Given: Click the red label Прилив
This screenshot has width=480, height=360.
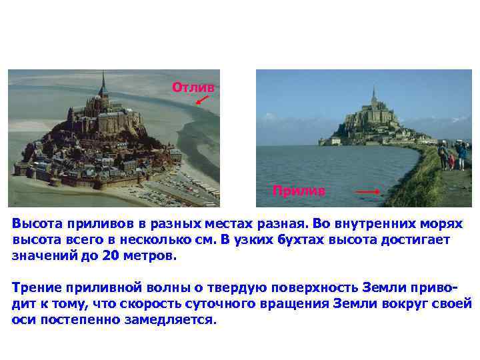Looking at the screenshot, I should [299, 191].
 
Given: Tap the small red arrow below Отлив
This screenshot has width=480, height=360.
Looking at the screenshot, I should [202, 101].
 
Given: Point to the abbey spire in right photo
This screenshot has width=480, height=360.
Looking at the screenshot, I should [373, 93].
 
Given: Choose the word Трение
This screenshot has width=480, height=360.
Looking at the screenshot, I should [37, 288].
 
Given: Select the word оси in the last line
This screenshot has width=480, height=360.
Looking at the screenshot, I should [23, 320].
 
